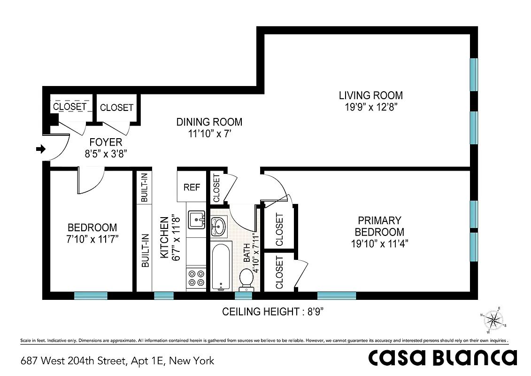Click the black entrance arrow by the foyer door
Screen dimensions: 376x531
(41, 149)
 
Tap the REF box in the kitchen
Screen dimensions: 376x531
(192, 188)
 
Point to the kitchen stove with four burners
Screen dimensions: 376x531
(196, 277)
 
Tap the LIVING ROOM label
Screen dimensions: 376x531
(370, 95)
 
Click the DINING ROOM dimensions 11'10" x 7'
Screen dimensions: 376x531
(209, 133)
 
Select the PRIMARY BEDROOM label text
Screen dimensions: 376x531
(379, 226)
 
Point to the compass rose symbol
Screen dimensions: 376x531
(492, 320)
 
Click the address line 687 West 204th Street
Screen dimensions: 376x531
(117, 361)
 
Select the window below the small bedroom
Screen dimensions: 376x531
(91, 296)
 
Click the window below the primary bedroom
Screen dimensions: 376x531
(336, 296)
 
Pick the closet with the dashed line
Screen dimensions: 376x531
(69, 107)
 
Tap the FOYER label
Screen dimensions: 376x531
(106, 142)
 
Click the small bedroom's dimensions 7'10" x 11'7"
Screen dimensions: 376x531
(92, 238)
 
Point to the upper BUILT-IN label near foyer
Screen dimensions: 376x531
(145, 187)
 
